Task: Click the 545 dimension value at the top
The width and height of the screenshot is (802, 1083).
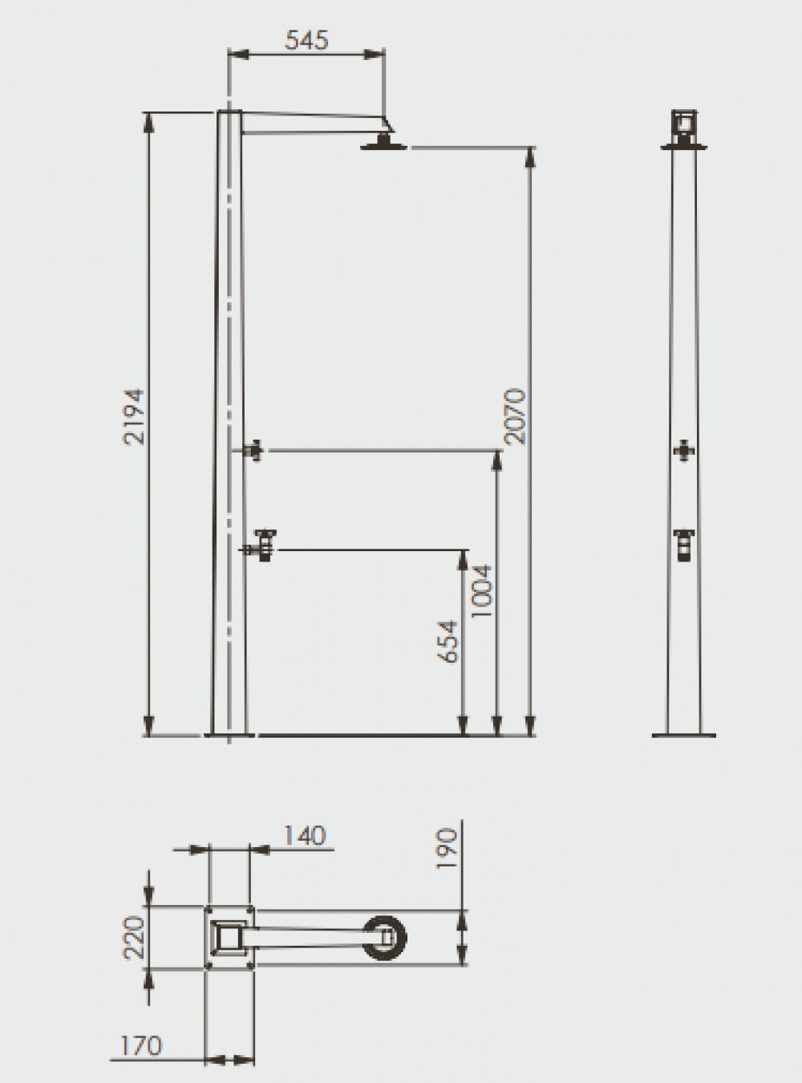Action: tap(306, 40)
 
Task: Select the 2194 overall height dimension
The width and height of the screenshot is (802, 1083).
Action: tap(134, 416)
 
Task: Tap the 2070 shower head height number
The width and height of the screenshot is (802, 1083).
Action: tap(515, 416)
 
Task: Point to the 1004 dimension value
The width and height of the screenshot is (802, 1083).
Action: tap(483, 591)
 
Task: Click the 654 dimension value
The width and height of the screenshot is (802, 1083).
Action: tap(448, 642)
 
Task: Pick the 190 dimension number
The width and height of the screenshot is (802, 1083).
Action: tap(446, 848)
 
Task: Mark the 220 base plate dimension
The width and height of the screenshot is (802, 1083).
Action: tap(134, 938)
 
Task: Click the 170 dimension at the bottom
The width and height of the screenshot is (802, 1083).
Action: tap(141, 1046)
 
